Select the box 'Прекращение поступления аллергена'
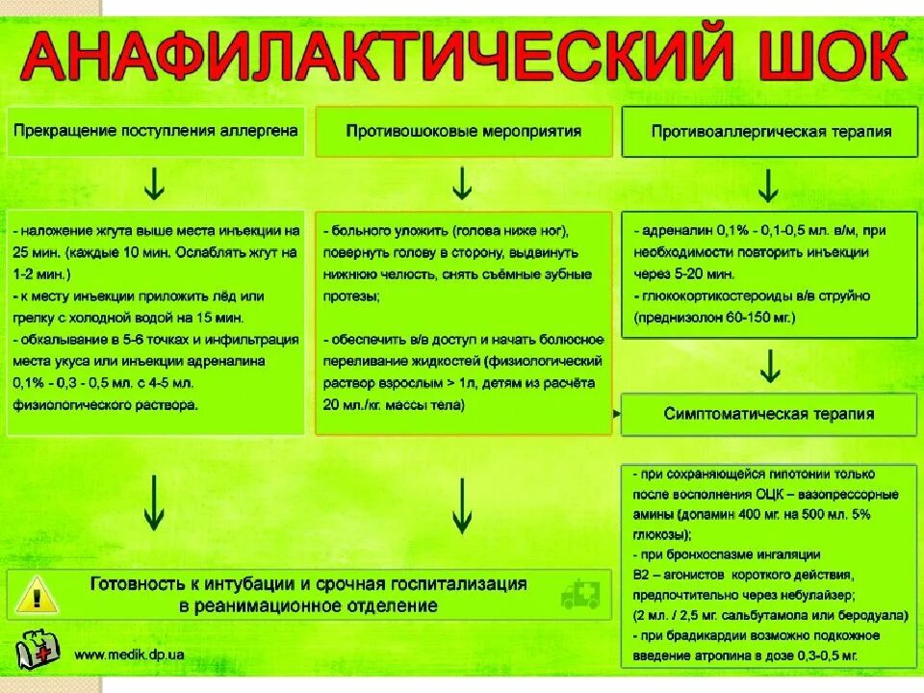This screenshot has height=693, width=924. [x=155, y=130]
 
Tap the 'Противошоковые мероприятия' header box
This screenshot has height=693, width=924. [x=463, y=131]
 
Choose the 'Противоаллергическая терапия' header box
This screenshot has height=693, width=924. [x=770, y=132]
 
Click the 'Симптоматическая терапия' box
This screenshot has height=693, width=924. [x=769, y=414]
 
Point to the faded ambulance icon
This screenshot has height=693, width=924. [x=579, y=594]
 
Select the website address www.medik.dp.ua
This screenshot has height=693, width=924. [x=130, y=655]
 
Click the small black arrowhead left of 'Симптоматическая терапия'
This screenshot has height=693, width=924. [x=614, y=414]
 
